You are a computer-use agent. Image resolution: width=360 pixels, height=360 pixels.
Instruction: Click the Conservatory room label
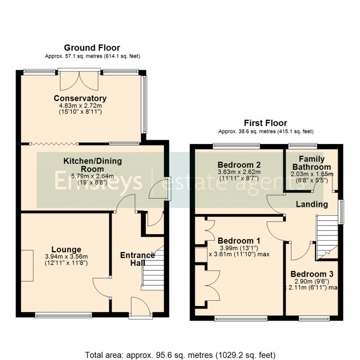tap(80, 98)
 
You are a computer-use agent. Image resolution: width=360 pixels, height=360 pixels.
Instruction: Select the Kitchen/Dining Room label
tap(92, 165)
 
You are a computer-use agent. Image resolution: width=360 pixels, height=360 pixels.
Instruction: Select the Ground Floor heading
tap(92, 48)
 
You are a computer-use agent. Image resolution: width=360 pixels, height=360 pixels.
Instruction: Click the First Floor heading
tap(265, 123)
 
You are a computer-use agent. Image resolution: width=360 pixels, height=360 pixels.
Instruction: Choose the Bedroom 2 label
tap(239, 165)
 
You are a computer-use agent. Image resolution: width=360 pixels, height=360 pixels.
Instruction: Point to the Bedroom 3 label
tap(312, 274)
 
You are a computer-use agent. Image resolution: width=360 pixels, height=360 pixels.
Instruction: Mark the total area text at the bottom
tap(180, 354)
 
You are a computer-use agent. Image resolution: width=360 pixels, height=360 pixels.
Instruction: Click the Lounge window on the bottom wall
tap(64, 315)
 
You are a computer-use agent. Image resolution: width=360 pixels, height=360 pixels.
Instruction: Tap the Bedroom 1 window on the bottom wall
tap(241, 319)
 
